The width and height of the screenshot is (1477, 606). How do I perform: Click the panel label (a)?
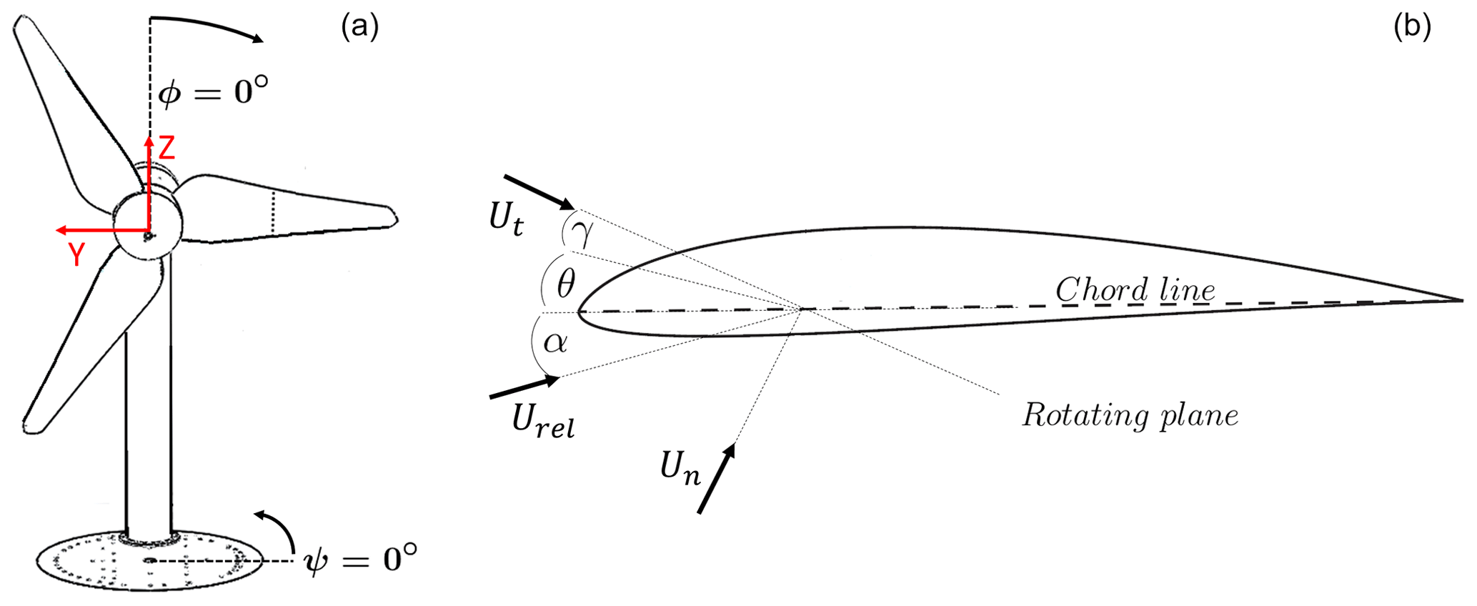[x=360, y=27]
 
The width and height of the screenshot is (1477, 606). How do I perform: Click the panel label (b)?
[x=1412, y=27]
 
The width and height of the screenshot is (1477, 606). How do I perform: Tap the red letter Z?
[x=166, y=148]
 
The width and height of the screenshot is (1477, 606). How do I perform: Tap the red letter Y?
[x=76, y=254]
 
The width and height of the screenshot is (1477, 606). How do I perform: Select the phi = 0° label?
[x=214, y=91]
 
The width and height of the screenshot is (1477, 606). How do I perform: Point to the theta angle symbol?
[x=565, y=284]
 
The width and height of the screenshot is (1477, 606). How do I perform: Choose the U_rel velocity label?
[x=543, y=421]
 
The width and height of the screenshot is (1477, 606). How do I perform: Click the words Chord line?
[x=1135, y=289]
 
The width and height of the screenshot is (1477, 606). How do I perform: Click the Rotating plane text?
[x=1130, y=414]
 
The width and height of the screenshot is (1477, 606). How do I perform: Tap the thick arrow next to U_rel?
[x=524, y=387]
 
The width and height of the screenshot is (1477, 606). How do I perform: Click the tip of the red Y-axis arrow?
[x=56, y=230]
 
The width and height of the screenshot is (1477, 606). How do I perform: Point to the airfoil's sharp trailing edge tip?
[x=1463, y=299]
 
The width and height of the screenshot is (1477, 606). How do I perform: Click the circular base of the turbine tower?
[x=149, y=561]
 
